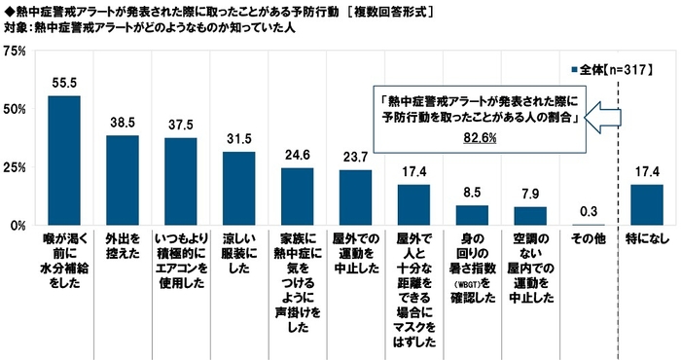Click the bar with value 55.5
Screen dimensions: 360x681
coord(64,161)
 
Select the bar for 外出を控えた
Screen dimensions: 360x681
coord(123,180)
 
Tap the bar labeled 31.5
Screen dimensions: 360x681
coord(238,189)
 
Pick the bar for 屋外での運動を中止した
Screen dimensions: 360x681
coord(355,198)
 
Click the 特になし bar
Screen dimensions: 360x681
coord(646,204)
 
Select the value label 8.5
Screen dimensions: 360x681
coord(472,194)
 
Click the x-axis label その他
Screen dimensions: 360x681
coord(588,237)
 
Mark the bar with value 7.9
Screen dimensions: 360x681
coord(530,216)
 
